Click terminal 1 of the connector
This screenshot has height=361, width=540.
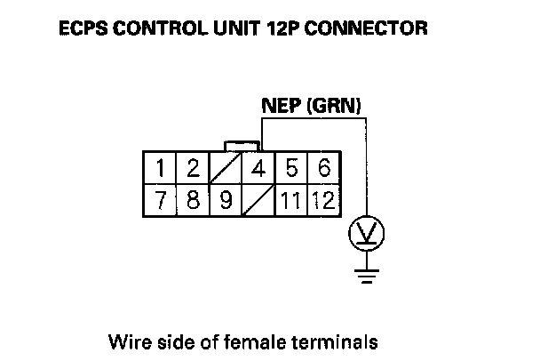click(160, 169)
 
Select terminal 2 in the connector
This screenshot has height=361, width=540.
click(193, 169)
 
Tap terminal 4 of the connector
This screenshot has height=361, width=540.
click(258, 169)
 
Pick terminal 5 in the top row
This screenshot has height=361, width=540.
click(291, 169)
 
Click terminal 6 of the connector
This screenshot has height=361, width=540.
click(324, 169)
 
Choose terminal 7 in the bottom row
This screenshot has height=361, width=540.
click(160, 200)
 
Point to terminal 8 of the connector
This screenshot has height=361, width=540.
click(193, 200)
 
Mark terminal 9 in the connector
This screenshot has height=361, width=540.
click(226, 200)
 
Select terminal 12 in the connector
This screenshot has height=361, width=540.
click(324, 200)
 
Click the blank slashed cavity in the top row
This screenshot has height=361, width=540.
click(226, 169)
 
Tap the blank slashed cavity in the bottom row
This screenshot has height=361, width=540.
click(258, 200)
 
